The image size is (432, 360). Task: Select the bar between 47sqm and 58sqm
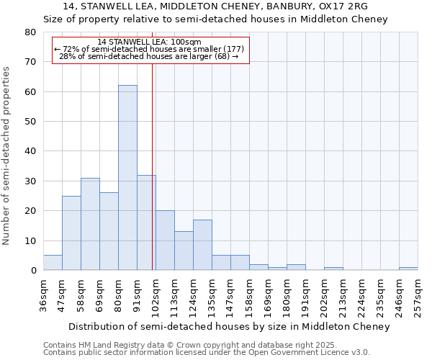(x=71, y=233)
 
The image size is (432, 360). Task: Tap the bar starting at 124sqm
(x=202, y=245)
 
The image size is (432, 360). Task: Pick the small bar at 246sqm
(x=408, y=269)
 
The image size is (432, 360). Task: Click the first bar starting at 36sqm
(x=53, y=263)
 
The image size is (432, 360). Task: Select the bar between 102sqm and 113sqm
(x=165, y=240)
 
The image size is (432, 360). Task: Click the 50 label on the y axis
(x=30, y=122)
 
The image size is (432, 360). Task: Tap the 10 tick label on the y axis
(x=30, y=240)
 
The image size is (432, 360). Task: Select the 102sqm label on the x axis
(x=156, y=294)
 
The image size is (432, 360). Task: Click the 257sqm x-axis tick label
(x=418, y=294)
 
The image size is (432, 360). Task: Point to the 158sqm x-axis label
(x=249, y=294)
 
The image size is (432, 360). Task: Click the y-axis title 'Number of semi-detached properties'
(x=6, y=156)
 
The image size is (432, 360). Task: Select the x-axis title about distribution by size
(x=230, y=326)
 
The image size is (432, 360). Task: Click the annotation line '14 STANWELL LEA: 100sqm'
(x=149, y=42)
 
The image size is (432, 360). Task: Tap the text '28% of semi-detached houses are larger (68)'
(x=149, y=56)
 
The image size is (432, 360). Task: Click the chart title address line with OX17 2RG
(x=215, y=6)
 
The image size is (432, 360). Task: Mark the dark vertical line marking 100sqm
(x=152, y=166)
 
